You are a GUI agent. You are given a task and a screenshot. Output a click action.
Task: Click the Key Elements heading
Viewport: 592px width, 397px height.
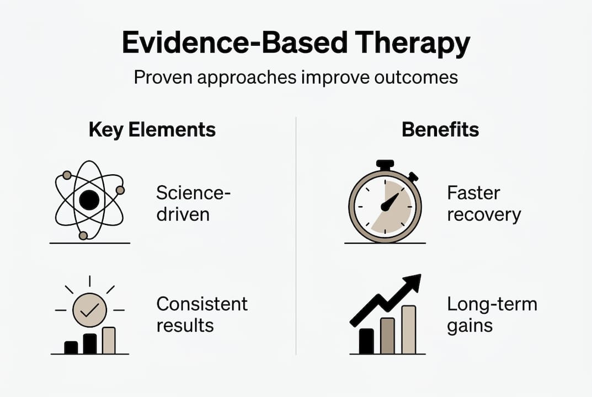tap(152, 130)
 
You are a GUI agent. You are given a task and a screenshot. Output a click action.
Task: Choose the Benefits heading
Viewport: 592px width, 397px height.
tap(440, 130)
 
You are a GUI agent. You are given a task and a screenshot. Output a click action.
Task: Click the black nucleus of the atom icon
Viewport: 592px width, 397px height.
tap(89, 200)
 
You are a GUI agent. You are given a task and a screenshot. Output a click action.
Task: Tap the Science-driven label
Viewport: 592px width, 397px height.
tap(193, 203)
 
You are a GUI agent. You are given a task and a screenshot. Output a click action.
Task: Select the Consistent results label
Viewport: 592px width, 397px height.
tap(201, 314)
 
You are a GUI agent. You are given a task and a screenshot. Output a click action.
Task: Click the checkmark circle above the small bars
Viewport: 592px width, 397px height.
tap(89, 312)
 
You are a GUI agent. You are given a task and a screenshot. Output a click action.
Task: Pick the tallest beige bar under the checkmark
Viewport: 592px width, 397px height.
tap(109, 340)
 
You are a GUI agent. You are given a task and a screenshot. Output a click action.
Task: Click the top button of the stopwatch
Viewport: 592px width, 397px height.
tap(385, 164)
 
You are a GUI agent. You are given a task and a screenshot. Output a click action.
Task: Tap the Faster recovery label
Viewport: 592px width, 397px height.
tap(483, 203)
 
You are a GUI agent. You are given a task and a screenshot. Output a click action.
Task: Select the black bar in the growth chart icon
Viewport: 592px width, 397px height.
tap(366, 341)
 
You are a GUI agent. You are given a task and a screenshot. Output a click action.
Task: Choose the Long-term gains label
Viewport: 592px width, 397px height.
tap(491, 314)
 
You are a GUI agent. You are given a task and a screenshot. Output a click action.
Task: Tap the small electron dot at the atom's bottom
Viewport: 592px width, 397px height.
tap(83, 235)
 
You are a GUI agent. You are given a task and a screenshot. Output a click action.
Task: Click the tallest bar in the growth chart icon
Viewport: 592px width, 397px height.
tap(408, 330)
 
